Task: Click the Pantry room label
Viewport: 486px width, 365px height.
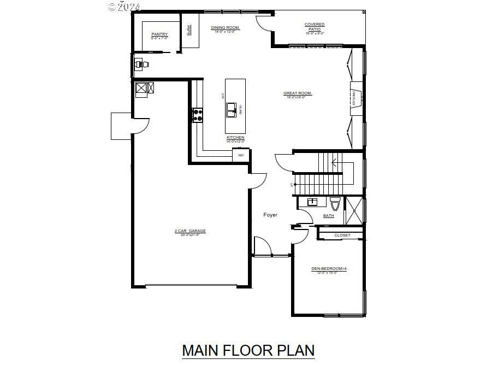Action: click(159, 34)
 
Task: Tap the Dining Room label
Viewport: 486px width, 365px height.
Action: click(226, 27)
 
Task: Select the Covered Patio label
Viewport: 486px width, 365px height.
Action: click(315, 25)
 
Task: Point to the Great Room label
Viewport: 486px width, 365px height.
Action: click(298, 93)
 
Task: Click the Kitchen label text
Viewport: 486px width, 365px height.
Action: click(235, 137)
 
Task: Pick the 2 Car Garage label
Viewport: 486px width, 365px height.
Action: click(190, 231)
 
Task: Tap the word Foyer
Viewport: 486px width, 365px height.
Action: click(270, 215)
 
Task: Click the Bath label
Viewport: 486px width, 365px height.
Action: click(328, 216)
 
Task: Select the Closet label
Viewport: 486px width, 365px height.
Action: click(342, 236)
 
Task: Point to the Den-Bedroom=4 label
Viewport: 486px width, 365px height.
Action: click(329, 268)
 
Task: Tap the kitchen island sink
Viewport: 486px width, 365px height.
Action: click(232, 109)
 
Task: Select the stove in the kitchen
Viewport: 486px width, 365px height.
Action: click(197, 115)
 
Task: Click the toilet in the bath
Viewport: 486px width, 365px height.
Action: click(335, 203)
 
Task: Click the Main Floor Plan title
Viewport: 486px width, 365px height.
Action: click(248, 350)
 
